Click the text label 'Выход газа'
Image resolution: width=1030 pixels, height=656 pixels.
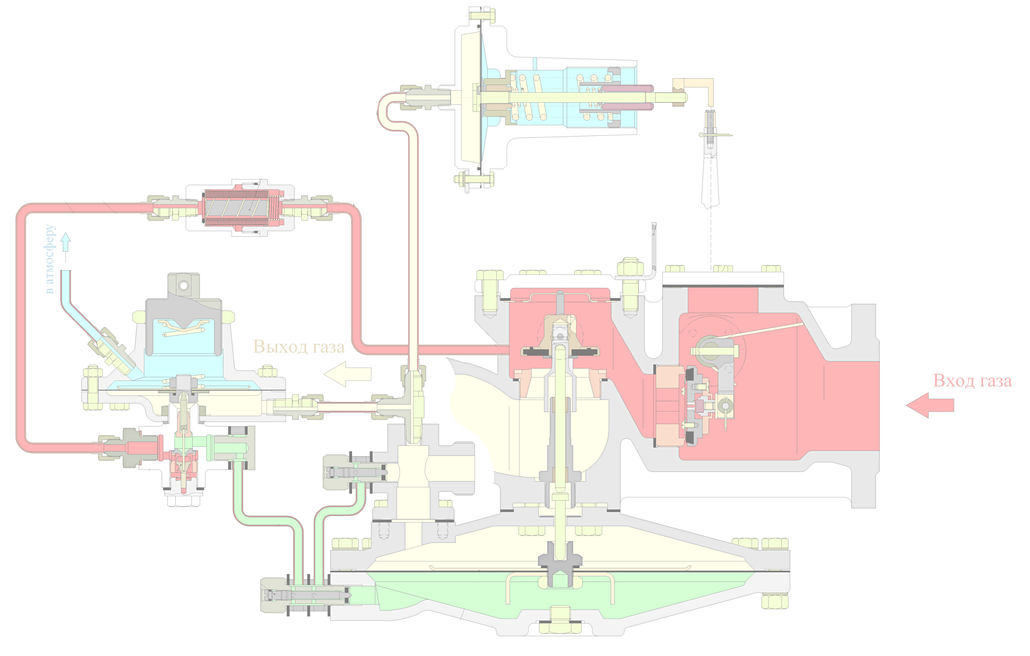(299, 346)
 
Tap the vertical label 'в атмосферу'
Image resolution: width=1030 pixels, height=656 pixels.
(50, 259)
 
